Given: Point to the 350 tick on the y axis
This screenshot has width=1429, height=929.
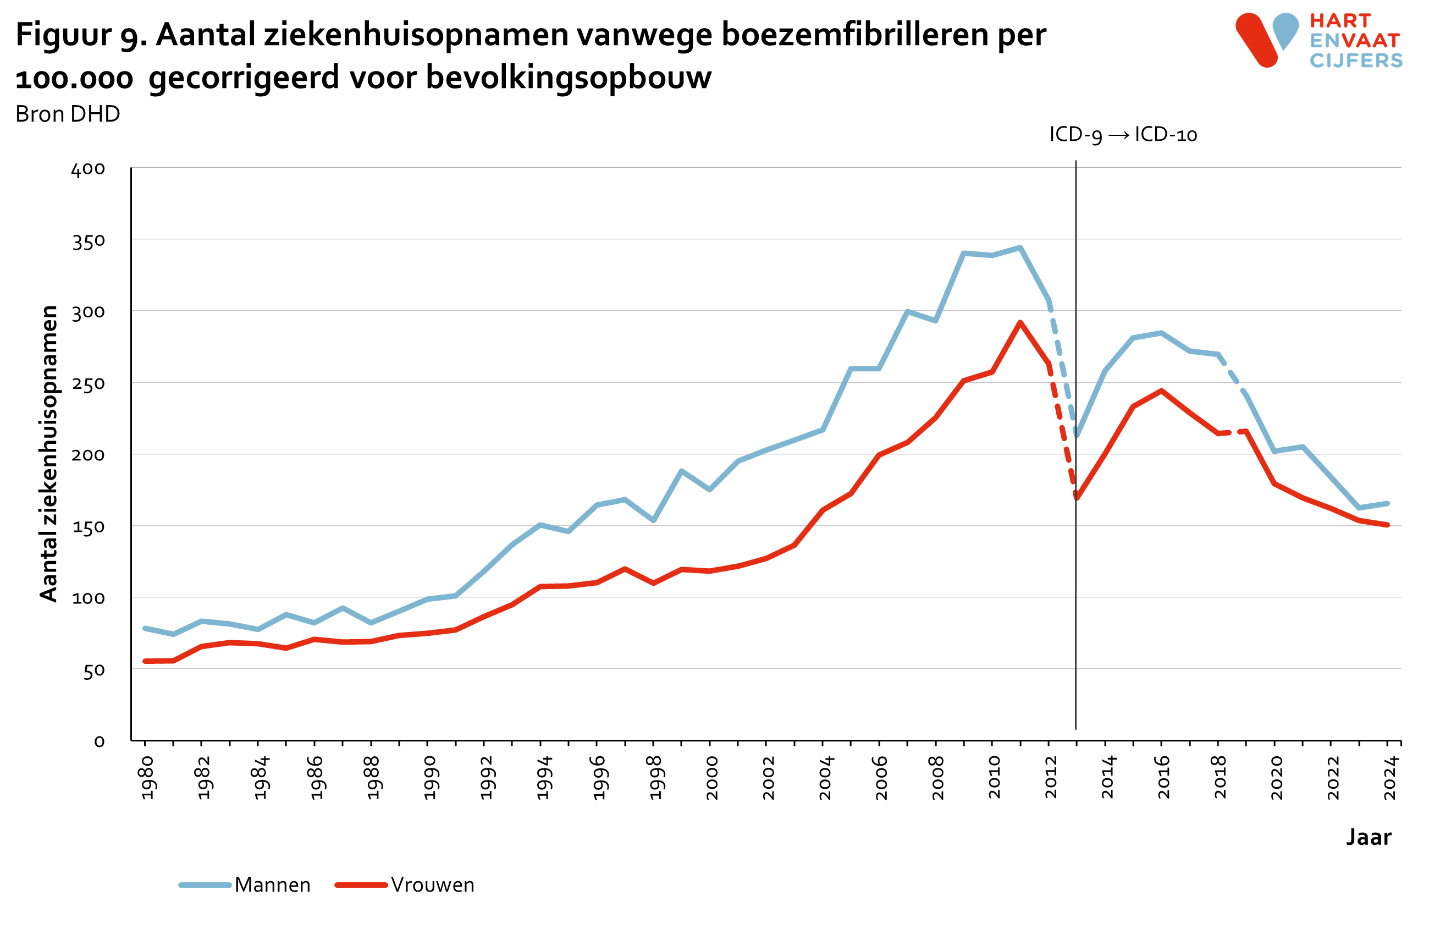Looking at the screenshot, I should coord(89,241).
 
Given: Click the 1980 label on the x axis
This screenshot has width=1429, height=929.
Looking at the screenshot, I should coord(148,778).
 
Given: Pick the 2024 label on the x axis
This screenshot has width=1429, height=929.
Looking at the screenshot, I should coord(1391,778).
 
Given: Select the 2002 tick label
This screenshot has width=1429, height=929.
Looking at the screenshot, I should coord(769,778).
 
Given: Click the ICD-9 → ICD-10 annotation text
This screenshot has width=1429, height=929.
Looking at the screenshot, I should coord(1123,135).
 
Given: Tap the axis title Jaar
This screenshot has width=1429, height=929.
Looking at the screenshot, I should coord(1369,837).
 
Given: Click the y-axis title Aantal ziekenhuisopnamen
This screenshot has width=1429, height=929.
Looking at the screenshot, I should coord(48,453).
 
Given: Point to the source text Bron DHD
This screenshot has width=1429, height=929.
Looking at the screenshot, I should coord(68,114).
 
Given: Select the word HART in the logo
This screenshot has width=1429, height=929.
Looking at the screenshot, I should coord(1340,21).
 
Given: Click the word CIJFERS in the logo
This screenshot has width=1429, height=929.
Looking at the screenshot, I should coord(1356,61).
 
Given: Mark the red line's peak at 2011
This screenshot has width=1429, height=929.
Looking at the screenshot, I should coord(1020,323).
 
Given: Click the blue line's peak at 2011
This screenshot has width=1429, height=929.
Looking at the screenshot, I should coord(1020,248).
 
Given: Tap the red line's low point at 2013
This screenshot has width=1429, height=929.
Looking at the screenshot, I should coord(1077,498).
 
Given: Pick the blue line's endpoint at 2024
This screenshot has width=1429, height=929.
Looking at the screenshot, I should coord(1388,503).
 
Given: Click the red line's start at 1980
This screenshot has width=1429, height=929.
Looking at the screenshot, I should coord(145,661).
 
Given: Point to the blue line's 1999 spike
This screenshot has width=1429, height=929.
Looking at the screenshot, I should coord(681,471).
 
